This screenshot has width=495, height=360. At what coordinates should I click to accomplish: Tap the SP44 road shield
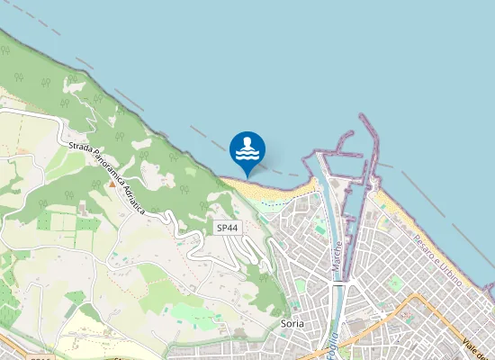click(x=228, y=229)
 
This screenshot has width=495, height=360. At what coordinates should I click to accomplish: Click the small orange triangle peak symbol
click(x=112, y=184)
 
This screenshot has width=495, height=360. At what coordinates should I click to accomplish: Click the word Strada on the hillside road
click(x=78, y=148)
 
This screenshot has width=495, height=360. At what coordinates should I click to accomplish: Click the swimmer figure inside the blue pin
click(x=247, y=142)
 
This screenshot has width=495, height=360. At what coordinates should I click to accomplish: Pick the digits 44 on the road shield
click(x=232, y=229)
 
